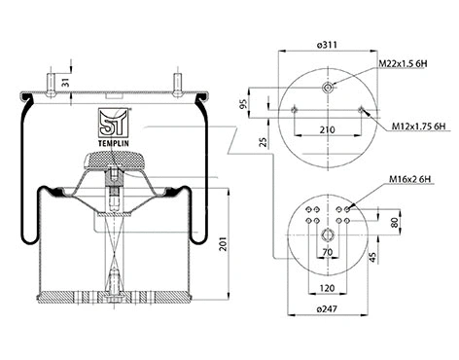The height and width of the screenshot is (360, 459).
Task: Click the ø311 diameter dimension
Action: tap(326, 45)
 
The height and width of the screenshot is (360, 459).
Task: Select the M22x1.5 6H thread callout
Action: tap(403, 64)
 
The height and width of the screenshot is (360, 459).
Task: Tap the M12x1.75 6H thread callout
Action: tap(412, 126)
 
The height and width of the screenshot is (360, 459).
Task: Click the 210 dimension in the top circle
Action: tap(327, 128)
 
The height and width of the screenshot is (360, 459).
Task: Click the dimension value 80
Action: tap(395, 221)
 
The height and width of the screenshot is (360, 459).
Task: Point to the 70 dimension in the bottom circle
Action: tap(327, 253)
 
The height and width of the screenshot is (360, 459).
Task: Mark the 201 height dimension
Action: tap(225, 242)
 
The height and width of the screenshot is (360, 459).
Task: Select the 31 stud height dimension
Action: tap(64, 82)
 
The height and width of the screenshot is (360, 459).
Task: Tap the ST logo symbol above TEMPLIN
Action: tap(114, 124)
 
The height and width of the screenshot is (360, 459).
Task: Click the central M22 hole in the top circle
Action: tap(327, 88)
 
